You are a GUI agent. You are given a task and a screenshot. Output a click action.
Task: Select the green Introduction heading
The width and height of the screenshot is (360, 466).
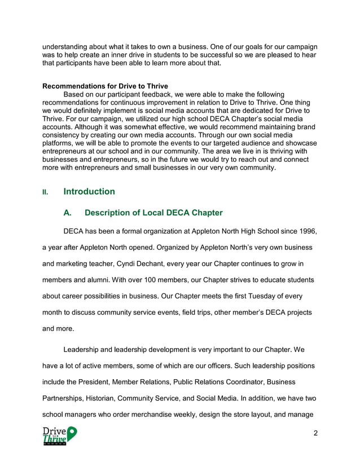89,192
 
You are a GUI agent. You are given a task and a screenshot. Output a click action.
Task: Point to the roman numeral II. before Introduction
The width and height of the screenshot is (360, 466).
46,192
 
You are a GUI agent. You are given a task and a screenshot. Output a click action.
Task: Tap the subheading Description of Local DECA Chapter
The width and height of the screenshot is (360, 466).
153,213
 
